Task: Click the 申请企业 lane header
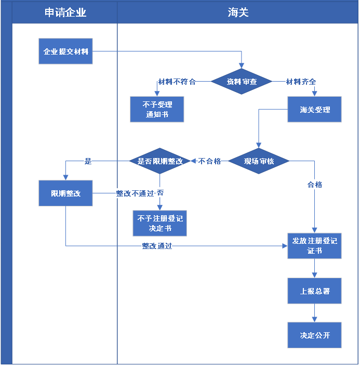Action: [65, 12]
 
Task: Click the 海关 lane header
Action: [238, 12]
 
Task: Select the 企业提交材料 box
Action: [65, 51]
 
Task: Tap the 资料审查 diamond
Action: [242, 82]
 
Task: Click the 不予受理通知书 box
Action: [157, 109]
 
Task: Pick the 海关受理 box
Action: [314, 110]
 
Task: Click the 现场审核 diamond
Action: [259, 161]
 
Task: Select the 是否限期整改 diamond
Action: [160, 161]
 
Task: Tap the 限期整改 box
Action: [65, 193]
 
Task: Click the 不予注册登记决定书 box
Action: [159, 223]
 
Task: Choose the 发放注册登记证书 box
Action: [314, 245]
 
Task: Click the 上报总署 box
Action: [314, 291]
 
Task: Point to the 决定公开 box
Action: [314, 335]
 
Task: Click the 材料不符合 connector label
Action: [177, 82]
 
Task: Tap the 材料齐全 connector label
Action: [301, 82]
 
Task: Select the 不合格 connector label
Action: [209, 161]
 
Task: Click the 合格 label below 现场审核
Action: [314, 185]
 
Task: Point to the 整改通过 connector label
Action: [157, 246]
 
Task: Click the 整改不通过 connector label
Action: [135, 193]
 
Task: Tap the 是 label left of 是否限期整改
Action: [88, 161]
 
